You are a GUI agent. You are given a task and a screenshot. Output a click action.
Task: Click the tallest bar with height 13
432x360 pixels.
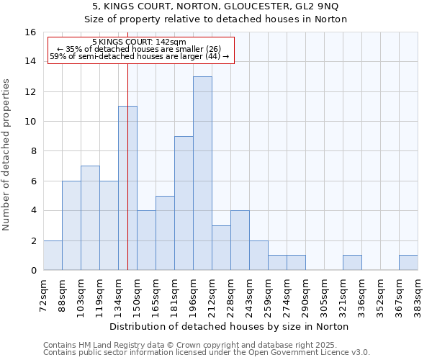(x=202, y=173)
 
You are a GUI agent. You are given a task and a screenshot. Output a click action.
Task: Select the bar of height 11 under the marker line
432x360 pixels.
(x=127, y=188)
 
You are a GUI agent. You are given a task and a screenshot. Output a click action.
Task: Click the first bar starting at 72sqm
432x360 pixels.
(x=53, y=256)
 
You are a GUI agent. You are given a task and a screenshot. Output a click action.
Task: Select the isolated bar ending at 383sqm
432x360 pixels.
(x=408, y=263)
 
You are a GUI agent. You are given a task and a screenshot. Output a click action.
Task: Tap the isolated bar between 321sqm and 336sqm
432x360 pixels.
(x=352, y=263)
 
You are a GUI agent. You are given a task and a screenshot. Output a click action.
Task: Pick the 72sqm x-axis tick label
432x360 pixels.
(x=44, y=293)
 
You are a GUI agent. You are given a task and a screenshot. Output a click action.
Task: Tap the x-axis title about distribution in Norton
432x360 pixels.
(x=230, y=326)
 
